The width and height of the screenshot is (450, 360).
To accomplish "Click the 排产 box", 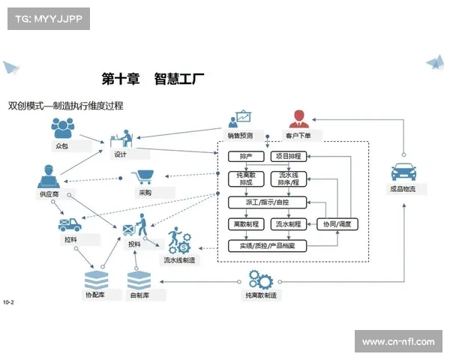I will tap(245, 157).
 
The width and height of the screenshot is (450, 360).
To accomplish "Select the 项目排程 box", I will tap(289, 157).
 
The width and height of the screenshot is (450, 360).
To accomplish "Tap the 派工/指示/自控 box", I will tap(266, 202).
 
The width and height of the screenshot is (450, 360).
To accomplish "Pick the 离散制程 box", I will tap(245, 223).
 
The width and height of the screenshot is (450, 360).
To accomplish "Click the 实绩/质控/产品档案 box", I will tap(266, 245).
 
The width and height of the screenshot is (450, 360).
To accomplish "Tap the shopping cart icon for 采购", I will tap(143, 178).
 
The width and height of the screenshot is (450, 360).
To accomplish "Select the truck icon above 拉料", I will tap(70, 224).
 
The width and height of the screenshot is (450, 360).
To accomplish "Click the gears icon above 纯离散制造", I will tap(261, 280).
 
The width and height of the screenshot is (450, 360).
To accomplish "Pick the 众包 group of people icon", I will tap(61, 128).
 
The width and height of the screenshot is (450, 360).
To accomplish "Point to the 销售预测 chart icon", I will tap(241, 119).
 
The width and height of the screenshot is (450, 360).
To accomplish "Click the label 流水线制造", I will tap(179, 260).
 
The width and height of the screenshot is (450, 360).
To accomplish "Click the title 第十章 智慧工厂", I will tap(154, 77).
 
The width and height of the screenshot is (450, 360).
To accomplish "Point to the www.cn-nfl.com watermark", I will tap(397, 342).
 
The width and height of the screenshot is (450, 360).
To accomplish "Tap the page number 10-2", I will tap(9, 302).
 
